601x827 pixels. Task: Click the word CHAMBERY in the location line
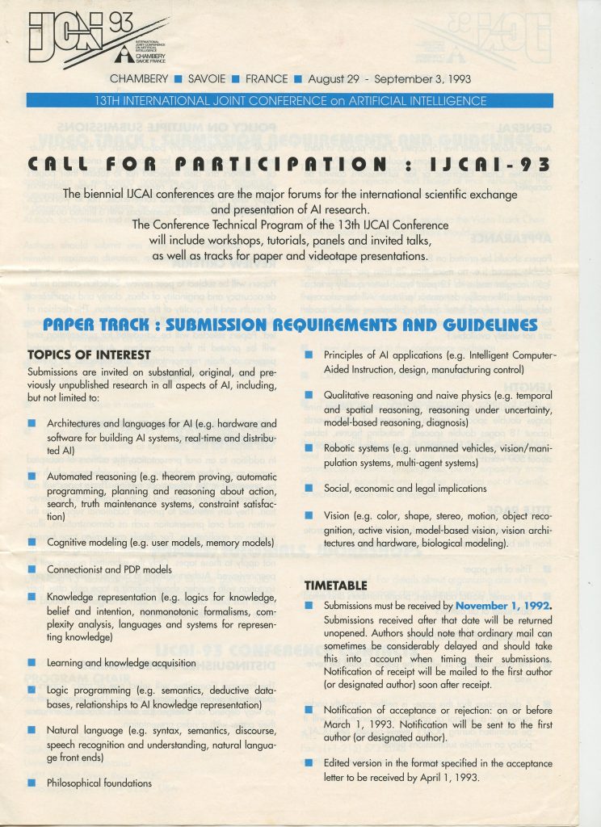[138, 79]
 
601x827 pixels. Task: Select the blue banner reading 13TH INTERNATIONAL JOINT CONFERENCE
[289, 101]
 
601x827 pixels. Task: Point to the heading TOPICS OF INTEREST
[90, 354]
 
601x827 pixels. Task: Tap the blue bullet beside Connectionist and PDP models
[32, 570]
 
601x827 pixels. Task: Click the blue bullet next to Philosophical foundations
[32, 783]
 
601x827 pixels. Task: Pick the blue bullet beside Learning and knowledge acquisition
[32, 663]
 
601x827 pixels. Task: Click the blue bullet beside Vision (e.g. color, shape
[309, 515]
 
